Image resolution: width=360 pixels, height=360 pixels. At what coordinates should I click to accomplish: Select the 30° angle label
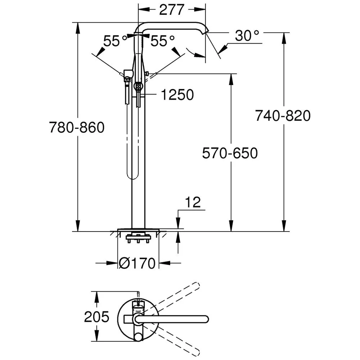tap(247, 36)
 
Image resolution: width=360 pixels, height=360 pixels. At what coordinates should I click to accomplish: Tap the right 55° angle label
tap(162, 41)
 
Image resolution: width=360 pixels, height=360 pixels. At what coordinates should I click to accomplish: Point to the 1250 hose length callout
tap(177, 95)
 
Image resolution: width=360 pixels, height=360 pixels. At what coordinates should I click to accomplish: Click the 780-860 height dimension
tap(77, 127)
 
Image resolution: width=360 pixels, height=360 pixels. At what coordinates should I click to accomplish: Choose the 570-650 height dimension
tap(230, 153)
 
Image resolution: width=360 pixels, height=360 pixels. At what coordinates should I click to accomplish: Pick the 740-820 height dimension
tap(283, 116)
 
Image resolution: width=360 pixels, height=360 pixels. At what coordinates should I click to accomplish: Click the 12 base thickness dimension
tap(194, 202)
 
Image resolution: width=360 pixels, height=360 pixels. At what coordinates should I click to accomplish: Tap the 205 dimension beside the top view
tap(96, 317)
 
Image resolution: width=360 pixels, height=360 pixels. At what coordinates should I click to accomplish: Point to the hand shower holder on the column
tap(127, 75)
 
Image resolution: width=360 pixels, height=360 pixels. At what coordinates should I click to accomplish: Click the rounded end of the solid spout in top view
tap(206, 319)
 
